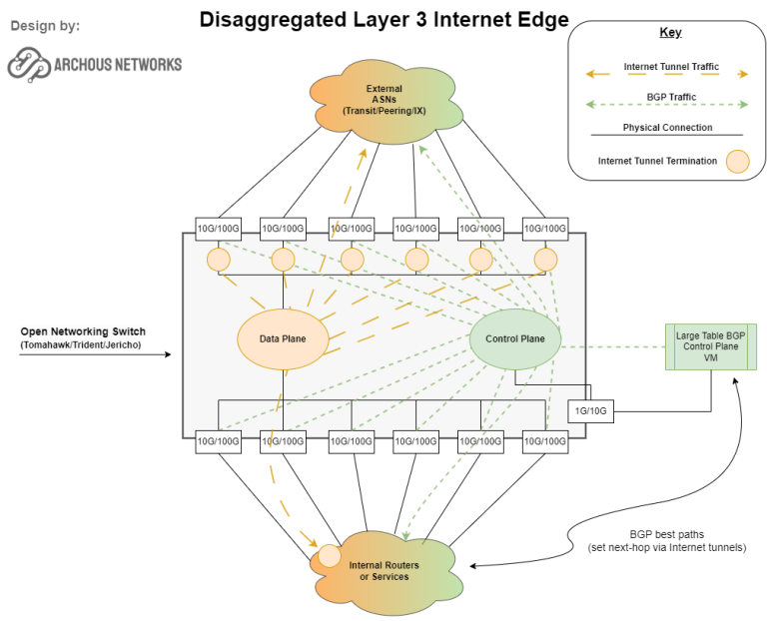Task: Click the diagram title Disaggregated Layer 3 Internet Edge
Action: (383, 19)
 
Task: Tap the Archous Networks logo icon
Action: (29, 64)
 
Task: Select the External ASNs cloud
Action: (383, 101)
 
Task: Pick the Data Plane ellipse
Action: (283, 338)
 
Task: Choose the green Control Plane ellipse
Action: (514, 338)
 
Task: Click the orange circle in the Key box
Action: (736, 160)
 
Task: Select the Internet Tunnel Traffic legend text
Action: (670, 66)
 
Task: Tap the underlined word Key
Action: (670, 33)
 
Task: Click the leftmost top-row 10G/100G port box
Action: (217, 228)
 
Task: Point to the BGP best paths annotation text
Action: (674, 540)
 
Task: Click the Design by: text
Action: (46, 25)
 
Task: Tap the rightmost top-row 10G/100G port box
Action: (544, 228)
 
